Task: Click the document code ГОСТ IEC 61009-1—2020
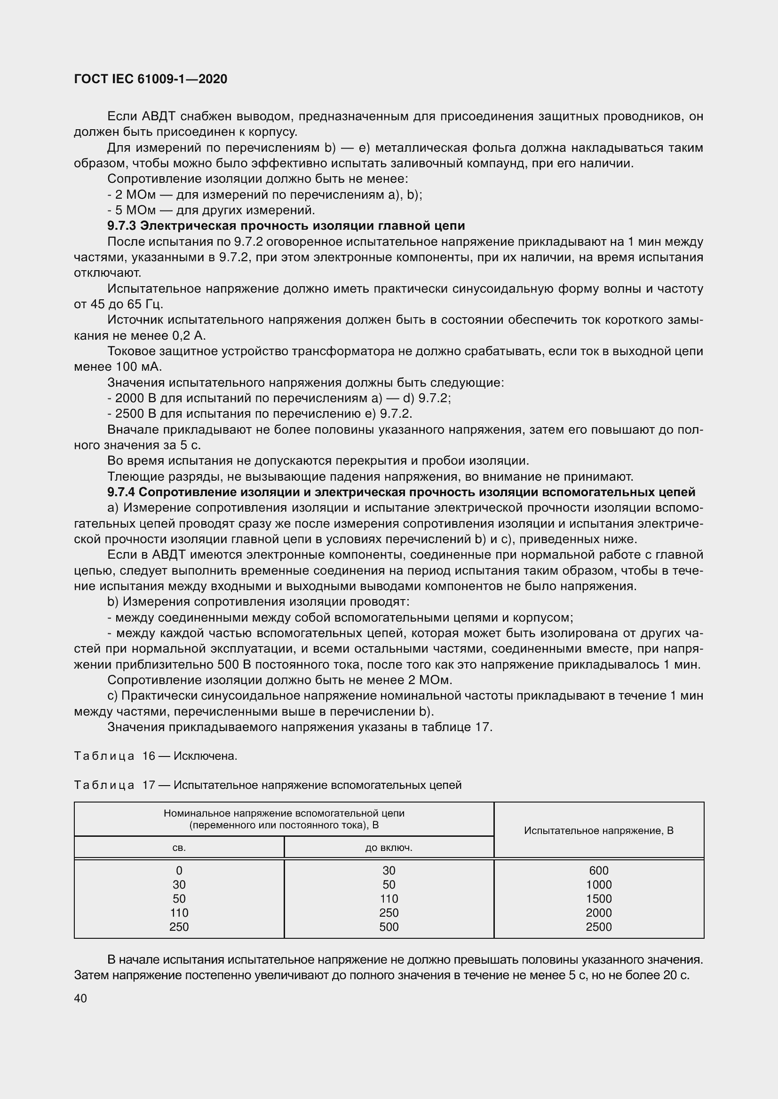(151, 79)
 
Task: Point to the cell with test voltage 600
(598, 871)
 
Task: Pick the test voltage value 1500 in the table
(598, 899)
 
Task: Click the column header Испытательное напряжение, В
(598, 830)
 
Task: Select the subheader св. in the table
(179, 848)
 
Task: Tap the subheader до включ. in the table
(389, 848)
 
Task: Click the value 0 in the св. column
(179, 871)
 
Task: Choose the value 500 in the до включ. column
(389, 927)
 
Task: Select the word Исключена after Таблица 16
(206, 756)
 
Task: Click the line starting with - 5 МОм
(211, 210)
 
